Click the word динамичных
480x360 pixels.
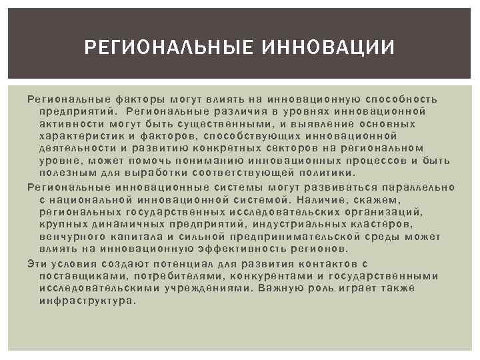122,224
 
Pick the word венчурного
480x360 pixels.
71,236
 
